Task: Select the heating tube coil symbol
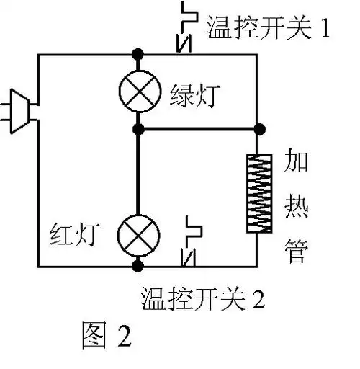pos(257,193)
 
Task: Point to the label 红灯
pos(79,233)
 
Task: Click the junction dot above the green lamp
pos(138,54)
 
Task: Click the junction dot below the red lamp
pos(138,266)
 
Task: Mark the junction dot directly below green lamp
pos(138,130)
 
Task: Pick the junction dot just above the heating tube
pos(257,130)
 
